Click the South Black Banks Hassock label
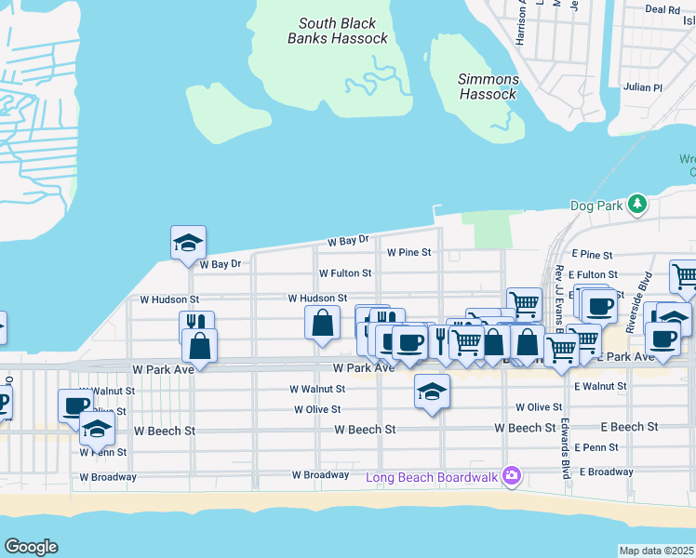(x=338, y=31)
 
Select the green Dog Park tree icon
(x=637, y=204)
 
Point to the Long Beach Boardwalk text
(x=433, y=478)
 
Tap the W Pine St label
(x=409, y=252)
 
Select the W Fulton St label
(x=345, y=274)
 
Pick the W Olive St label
(x=317, y=409)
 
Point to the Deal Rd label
(x=662, y=9)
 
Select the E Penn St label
(x=596, y=447)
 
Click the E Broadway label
(x=606, y=472)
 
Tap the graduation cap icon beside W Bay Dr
(x=188, y=242)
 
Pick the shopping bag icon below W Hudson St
(x=322, y=324)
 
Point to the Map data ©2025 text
(x=657, y=551)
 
